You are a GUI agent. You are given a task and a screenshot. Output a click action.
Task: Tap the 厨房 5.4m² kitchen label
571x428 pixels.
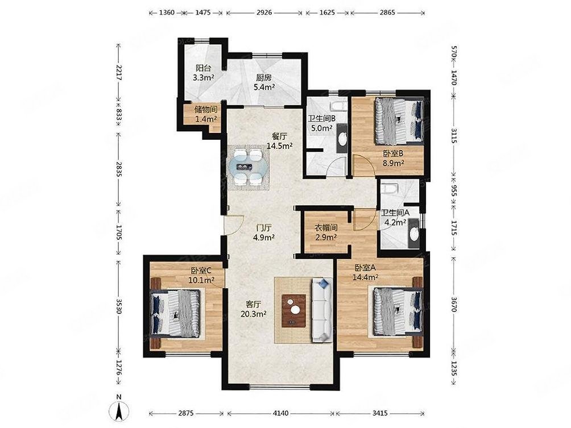pos(264,83)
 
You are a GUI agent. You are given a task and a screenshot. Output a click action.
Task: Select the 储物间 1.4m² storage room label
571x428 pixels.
pos(205,114)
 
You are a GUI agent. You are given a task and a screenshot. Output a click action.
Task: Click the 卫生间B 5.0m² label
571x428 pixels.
pos(321,123)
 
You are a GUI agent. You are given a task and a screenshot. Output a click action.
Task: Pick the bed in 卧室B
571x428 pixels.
pos(399,121)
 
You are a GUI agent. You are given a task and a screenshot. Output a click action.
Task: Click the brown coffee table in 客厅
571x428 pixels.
pos(293,310)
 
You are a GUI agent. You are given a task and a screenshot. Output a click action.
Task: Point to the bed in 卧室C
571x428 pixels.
pos(176,313)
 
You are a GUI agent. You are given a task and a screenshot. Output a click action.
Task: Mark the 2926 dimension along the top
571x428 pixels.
pos(265,12)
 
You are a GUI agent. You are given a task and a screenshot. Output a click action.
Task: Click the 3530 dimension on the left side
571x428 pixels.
pos(119,304)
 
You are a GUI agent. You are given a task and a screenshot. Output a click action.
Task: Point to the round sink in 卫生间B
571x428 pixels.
pos(342,139)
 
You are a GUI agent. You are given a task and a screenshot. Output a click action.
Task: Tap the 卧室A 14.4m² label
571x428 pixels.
pos(367,272)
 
